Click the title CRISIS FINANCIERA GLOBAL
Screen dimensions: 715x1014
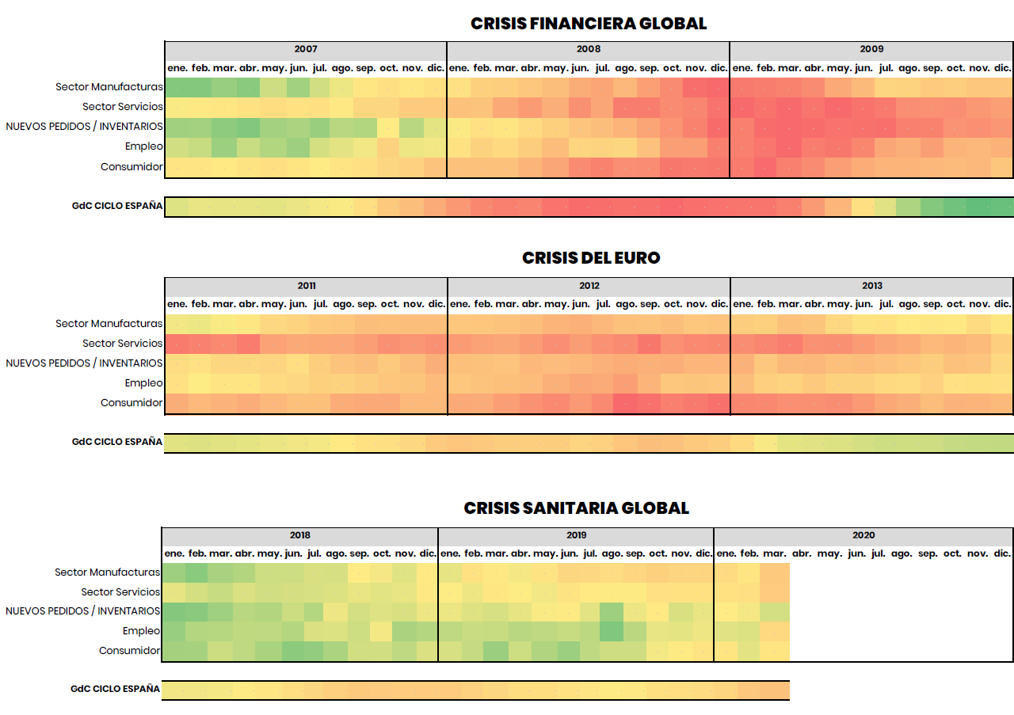click(x=589, y=24)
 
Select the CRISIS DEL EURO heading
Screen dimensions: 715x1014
click(x=591, y=258)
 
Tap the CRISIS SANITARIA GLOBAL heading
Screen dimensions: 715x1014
click(x=577, y=508)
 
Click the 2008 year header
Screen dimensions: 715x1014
click(x=589, y=49)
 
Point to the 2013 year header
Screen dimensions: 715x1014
click(x=872, y=286)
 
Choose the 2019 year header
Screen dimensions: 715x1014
click(x=576, y=535)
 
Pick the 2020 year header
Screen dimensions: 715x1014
click(x=863, y=535)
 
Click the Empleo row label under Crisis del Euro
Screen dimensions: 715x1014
click(x=143, y=383)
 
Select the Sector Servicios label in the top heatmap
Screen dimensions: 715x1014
click(x=123, y=107)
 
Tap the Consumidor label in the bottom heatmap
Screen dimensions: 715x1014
click(x=129, y=651)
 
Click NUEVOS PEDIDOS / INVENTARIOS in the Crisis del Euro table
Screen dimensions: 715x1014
click(x=84, y=363)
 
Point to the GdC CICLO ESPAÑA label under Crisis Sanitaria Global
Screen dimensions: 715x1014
click(x=116, y=689)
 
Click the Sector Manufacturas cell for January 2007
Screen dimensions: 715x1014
click(x=177, y=87)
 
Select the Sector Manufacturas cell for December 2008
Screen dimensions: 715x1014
click(x=719, y=87)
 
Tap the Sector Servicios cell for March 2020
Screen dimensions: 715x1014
click(x=775, y=592)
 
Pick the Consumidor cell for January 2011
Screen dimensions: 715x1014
click(x=177, y=403)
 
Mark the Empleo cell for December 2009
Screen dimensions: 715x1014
click(x=1002, y=146)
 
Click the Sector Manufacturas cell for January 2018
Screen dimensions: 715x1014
click(x=173, y=572)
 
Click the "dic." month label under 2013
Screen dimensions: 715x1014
click(x=1002, y=304)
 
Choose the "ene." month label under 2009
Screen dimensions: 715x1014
click(x=742, y=68)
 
